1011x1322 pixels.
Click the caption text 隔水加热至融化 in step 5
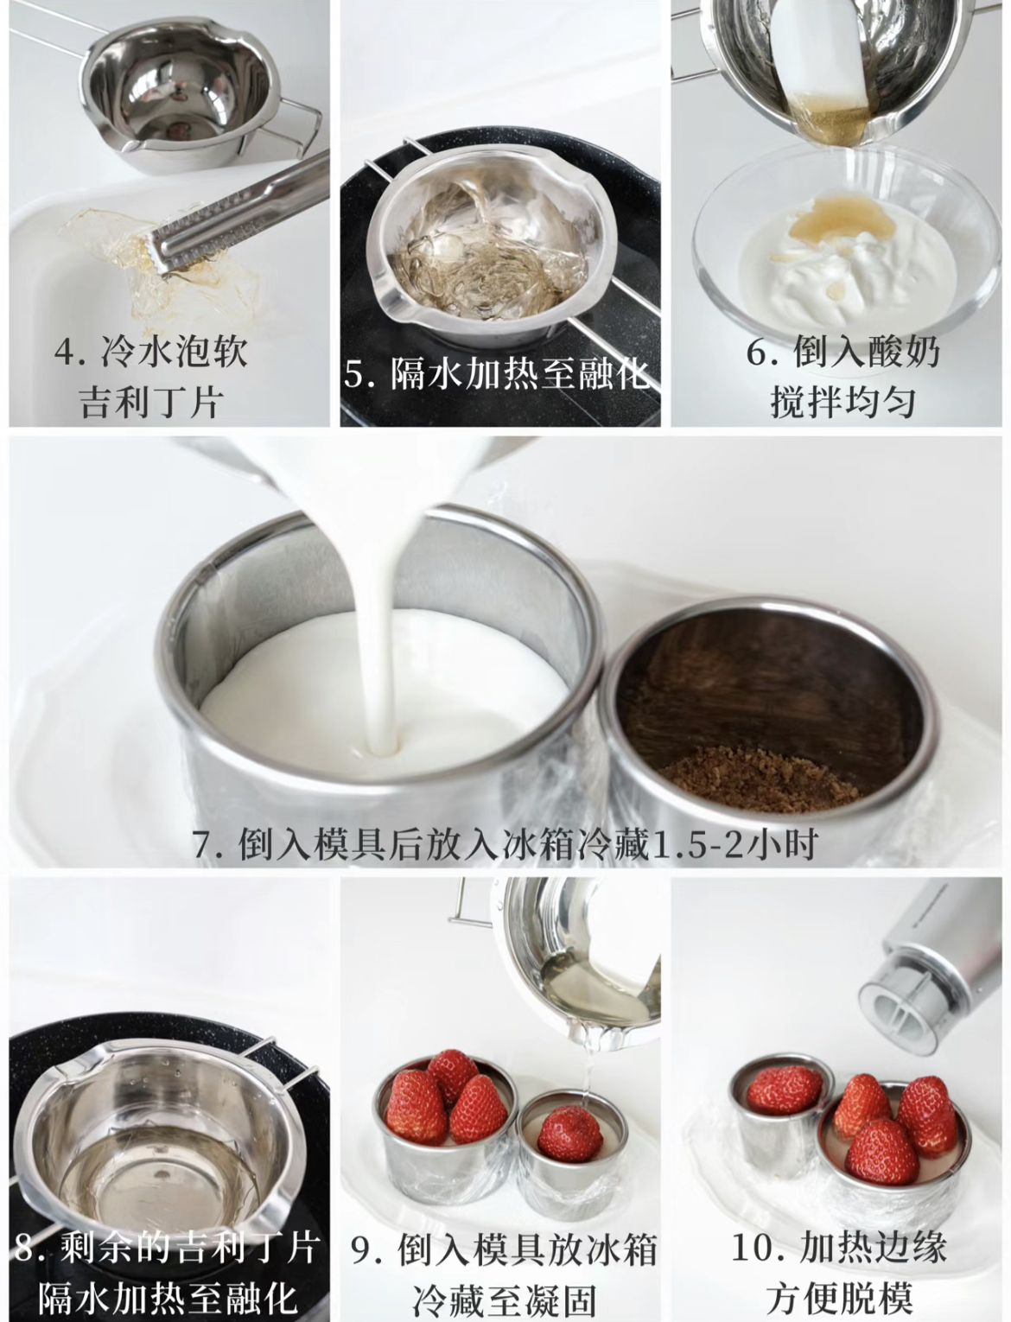coord(520,373)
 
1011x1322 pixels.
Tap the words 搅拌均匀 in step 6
coord(843,403)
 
